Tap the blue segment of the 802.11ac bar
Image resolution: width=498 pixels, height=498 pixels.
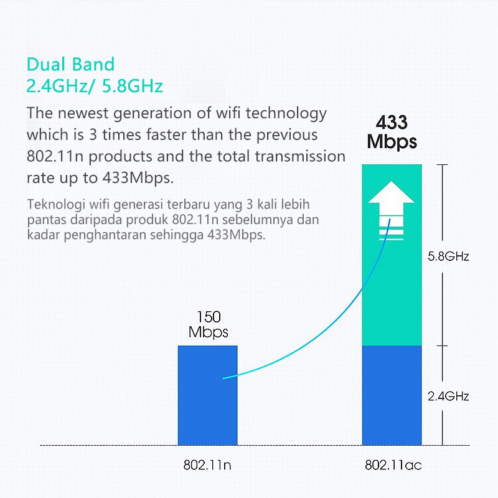tap(392, 395)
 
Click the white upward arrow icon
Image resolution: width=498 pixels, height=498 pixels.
tap(391, 212)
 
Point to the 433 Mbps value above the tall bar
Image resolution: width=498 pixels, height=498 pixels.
tap(392, 131)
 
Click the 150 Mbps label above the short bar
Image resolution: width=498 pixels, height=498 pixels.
tap(209, 324)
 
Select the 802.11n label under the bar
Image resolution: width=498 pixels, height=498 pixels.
tap(208, 465)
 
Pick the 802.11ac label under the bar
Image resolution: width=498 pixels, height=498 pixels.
tap(393, 465)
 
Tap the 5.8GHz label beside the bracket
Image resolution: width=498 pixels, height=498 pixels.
tap(448, 256)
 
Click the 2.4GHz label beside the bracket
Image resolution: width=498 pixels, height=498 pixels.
tap(448, 396)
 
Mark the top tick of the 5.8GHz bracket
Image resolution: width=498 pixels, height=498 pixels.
tap(442, 165)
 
